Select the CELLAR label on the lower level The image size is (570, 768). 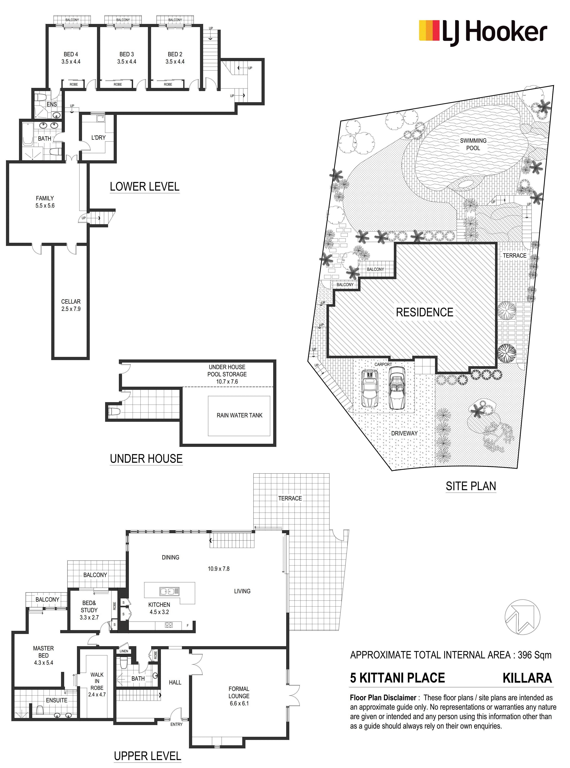coord(71,302)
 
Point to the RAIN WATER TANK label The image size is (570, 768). coord(239,415)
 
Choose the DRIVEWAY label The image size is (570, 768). coord(404,433)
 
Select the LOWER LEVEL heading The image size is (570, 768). coord(145,187)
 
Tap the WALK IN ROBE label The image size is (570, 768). coord(97,681)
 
